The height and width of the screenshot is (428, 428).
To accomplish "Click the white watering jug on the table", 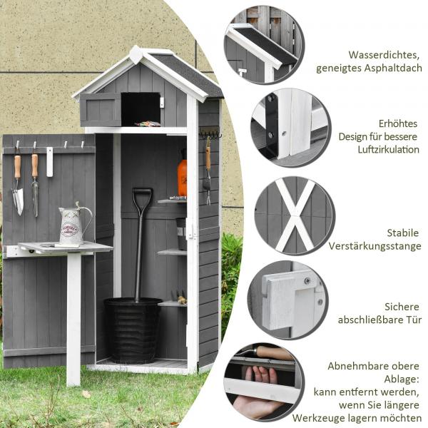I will pos(72,225).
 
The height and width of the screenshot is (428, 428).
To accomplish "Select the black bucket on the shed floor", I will pos(133,330).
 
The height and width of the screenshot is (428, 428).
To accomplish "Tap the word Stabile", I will pos(404,233).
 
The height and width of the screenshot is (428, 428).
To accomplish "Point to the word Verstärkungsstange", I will pos(374,246).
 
